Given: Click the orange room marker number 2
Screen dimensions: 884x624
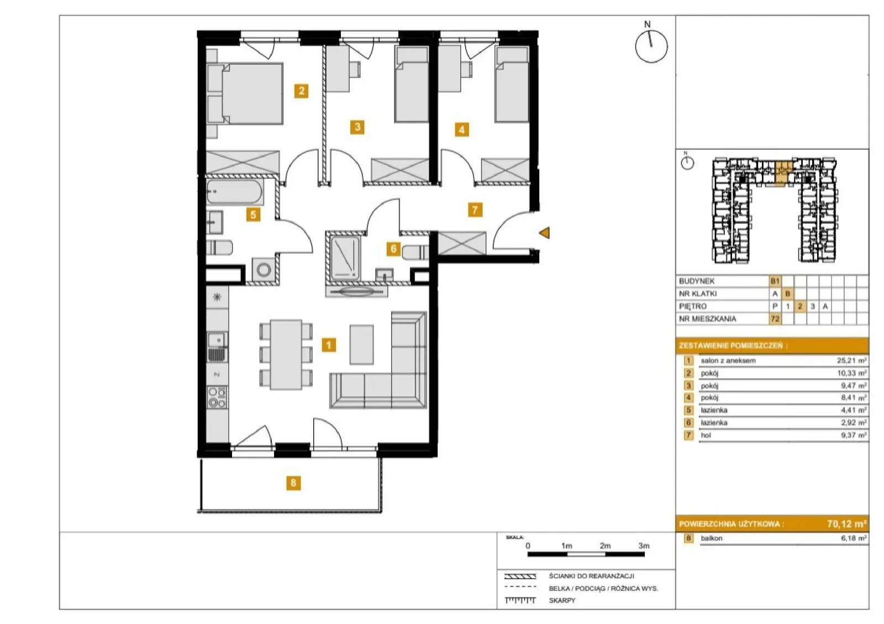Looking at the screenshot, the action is [302, 91].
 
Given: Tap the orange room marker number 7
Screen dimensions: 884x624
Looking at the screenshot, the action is [475, 209].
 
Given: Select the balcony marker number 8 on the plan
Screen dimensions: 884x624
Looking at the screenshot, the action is [293, 483].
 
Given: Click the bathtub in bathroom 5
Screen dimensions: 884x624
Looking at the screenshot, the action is [234, 192].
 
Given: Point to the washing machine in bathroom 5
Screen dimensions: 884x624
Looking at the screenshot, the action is [264, 270].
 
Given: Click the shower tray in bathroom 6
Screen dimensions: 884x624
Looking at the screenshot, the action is [345, 258].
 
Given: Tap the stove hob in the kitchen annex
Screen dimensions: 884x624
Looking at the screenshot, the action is [218, 397].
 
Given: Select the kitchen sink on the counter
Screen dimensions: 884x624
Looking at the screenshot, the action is [218, 347].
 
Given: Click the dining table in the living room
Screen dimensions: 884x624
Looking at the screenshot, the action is [286, 355].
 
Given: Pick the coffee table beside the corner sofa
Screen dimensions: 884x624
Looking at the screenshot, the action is [361, 344].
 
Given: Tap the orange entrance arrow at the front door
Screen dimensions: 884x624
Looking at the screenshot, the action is [544, 233].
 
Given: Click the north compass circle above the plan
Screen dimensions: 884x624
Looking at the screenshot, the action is [651, 47].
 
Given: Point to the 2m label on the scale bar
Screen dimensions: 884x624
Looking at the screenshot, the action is [605, 546].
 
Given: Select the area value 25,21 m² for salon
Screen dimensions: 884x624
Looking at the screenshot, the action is [851, 360].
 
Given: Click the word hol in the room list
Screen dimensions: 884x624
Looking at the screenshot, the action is [706, 435].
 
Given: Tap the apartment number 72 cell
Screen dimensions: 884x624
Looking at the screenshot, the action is [775, 318].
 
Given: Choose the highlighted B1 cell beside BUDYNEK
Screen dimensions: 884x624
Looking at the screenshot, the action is [775, 281].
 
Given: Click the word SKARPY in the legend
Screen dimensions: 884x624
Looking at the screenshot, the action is [562, 600].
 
